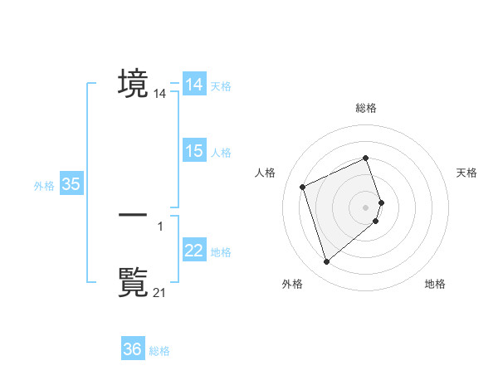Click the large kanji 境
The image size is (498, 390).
[133, 83]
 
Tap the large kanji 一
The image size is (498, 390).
[133, 214]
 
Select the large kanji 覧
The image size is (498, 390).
[133, 280]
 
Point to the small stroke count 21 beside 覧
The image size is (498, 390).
[160, 291]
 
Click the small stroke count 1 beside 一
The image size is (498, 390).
[160, 225]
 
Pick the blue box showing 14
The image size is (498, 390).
[193, 85]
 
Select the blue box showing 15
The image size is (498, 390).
[193, 151]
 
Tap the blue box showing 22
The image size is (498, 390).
[193, 251]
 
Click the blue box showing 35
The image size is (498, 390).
[71, 184]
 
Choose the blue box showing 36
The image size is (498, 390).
[132, 349]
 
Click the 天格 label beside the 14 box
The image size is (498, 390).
[221, 86]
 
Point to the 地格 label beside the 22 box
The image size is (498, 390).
[221, 252]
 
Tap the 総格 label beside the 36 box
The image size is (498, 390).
[159, 351]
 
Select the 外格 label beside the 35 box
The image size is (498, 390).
[44, 186]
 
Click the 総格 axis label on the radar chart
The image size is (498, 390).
[366, 108]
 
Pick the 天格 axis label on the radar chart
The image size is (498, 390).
[467, 173]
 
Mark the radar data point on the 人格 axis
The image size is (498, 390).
[303, 186]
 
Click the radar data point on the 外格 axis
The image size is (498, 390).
[326, 262]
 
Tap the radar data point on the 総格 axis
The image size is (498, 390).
[366, 158]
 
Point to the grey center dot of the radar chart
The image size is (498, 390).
[366, 207]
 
